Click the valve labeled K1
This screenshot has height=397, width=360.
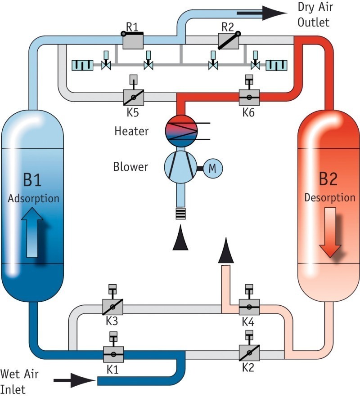pos(114,353)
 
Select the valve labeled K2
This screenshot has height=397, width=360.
pos(249,353)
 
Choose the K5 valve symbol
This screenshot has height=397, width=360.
pos(133,97)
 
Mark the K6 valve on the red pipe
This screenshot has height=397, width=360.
pos(248,97)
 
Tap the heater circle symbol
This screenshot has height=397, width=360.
pos(181,131)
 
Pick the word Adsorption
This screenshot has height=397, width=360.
pos(33,198)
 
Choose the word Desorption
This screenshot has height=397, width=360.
pos(330,198)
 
